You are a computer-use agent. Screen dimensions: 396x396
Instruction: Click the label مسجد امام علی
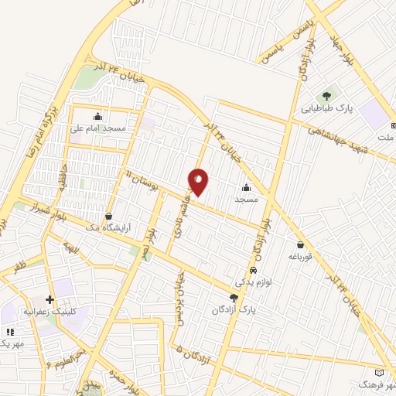tap(98, 128)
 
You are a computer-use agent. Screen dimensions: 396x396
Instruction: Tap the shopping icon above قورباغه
tap(299, 244)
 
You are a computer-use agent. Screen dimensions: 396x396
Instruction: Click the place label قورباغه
tap(299, 255)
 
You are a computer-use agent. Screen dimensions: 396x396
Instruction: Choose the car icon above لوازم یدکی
tap(254, 271)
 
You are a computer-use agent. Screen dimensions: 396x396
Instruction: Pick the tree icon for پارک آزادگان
tap(234, 298)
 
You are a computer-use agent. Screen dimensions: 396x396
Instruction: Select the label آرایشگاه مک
tap(108, 227)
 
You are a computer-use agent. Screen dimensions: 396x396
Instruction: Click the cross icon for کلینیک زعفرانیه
tap(50, 299)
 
